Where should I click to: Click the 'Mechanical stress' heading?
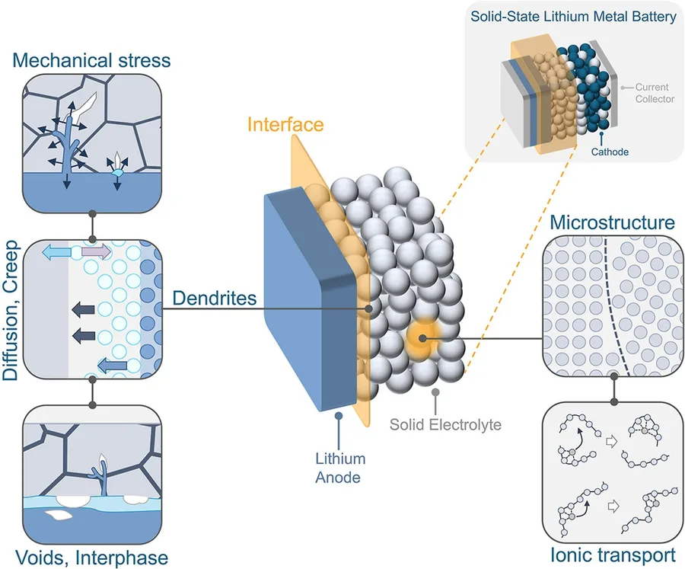point(91,60)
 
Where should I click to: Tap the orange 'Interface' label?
point(285,124)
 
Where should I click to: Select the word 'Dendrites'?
point(214,298)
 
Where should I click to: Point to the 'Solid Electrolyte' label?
point(445,424)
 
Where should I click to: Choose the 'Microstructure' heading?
point(612,222)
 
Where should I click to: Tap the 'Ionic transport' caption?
point(613,555)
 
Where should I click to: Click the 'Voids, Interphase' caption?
point(92,558)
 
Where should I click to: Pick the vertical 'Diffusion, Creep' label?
point(11,310)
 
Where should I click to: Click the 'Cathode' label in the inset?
point(610,152)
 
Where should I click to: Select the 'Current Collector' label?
point(655,93)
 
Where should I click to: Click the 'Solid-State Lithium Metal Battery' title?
point(573,17)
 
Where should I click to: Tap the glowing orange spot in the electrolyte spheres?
point(422,338)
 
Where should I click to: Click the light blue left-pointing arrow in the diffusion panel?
point(56,252)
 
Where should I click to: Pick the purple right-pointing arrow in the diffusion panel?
point(96,251)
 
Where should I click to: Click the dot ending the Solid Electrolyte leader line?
point(435,392)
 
